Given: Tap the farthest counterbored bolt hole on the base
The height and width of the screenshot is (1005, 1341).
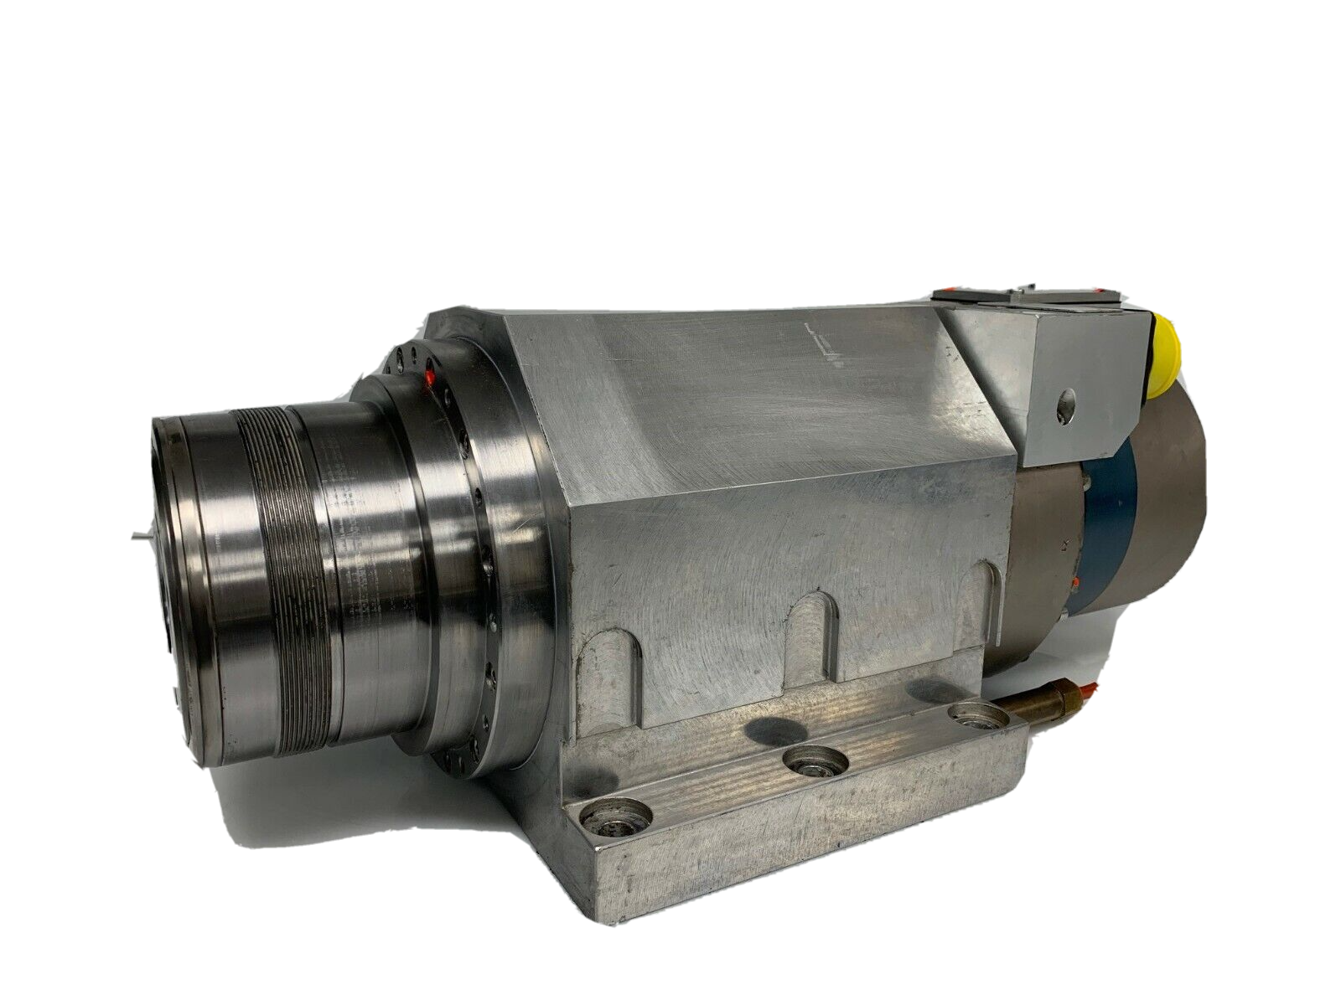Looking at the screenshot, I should point(978,717).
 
